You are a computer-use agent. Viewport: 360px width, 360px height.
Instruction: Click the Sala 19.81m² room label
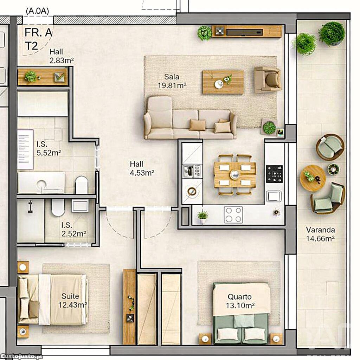pos(172,81)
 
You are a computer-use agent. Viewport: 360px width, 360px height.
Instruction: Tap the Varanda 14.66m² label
pos(320,234)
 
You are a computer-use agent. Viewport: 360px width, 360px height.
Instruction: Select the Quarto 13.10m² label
pos(240,301)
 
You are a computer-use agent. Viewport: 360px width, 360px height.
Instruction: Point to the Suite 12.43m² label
pos(72,301)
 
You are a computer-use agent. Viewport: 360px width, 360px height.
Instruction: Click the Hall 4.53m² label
pos(142,168)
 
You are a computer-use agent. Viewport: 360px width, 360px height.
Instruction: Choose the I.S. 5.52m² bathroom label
pos(49,148)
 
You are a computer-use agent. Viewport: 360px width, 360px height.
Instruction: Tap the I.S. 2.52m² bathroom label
pos(74,229)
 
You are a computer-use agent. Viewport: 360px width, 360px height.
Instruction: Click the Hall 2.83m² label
pos(62,56)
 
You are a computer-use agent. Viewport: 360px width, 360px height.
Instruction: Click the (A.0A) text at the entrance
pos(37,11)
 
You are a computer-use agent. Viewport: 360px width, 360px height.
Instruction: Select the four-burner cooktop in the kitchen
pos(233,215)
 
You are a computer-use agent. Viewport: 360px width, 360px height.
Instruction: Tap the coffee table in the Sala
pos(223,82)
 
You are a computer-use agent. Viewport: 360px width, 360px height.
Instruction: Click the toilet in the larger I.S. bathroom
pos(82,185)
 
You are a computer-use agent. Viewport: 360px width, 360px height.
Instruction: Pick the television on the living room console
pos(245,32)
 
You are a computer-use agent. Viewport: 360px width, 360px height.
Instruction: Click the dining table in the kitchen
pos(234,175)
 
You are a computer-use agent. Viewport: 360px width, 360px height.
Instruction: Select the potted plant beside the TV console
pos(204,33)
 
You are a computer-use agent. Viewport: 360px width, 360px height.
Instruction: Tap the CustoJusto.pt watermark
pos(21,356)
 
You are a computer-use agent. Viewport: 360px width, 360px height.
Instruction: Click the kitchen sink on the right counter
pos(274,196)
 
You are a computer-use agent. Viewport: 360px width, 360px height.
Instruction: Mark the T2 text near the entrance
pos(31,46)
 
